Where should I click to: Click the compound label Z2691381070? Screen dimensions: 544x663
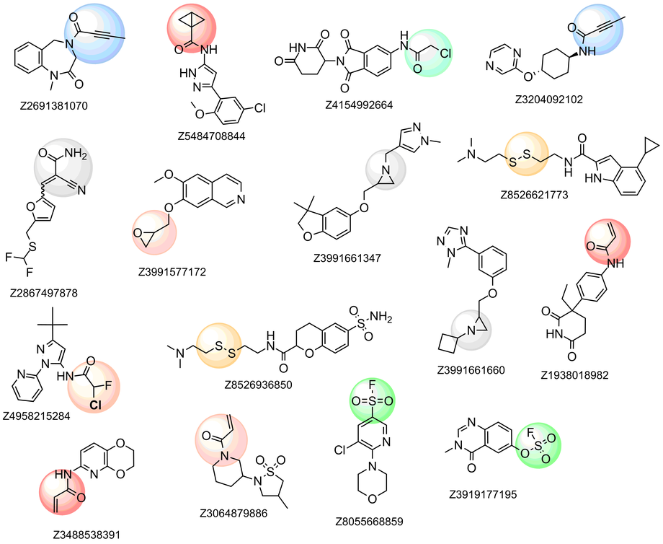tap(54, 105)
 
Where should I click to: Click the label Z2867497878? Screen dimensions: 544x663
tap(44, 293)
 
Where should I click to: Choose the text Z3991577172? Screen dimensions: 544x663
tap(190, 272)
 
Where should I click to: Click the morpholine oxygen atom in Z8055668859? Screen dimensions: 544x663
tap(370, 501)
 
